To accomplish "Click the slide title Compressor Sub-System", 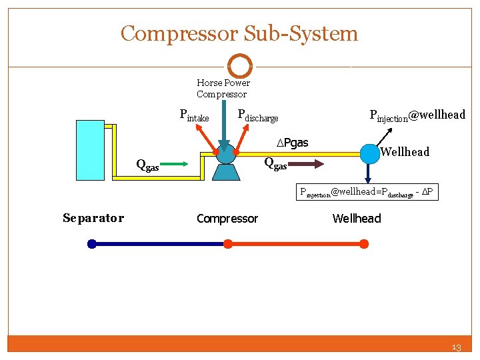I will click(x=239, y=33).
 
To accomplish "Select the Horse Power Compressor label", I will click(x=223, y=89).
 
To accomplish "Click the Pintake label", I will click(x=194, y=115).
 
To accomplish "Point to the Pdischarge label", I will click(x=257, y=115).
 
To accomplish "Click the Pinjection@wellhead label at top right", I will click(x=417, y=115).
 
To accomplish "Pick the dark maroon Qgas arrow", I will click(x=307, y=162).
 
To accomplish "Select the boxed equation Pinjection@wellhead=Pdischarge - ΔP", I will click(x=368, y=193).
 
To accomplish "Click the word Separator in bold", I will click(x=93, y=218).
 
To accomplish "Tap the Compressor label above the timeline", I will click(x=227, y=219).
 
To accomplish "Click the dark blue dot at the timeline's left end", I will click(x=92, y=244).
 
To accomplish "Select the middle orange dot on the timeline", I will click(x=227, y=244).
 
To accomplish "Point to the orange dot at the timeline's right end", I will click(x=364, y=244).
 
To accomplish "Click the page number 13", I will click(x=456, y=347).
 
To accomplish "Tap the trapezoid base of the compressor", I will click(x=227, y=172).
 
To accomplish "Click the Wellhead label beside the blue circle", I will click(x=405, y=152).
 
